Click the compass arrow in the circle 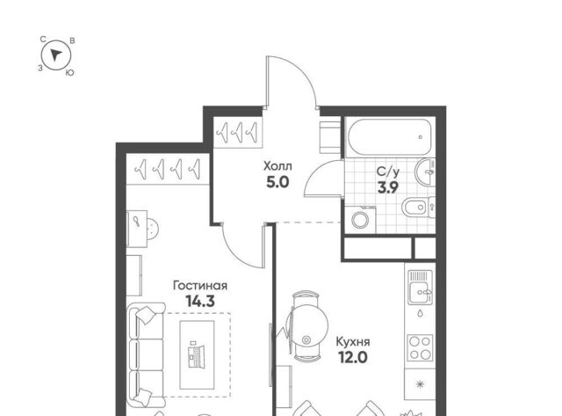[56, 55]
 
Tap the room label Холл [277, 166]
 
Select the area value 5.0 [277, 183]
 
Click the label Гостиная [200, 286]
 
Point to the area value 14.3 [200, 301]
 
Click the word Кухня [353, 342]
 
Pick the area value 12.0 [353, 357]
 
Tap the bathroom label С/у [388, 172]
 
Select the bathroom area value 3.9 [388, 187]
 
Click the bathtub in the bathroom [389, 136]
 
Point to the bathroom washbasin [425, 172]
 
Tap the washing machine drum [360, 219]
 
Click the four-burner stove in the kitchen [420, 347]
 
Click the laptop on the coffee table [197, 354]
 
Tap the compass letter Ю [69, 73]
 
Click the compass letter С [43, 39]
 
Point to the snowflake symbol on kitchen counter [420, 384]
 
